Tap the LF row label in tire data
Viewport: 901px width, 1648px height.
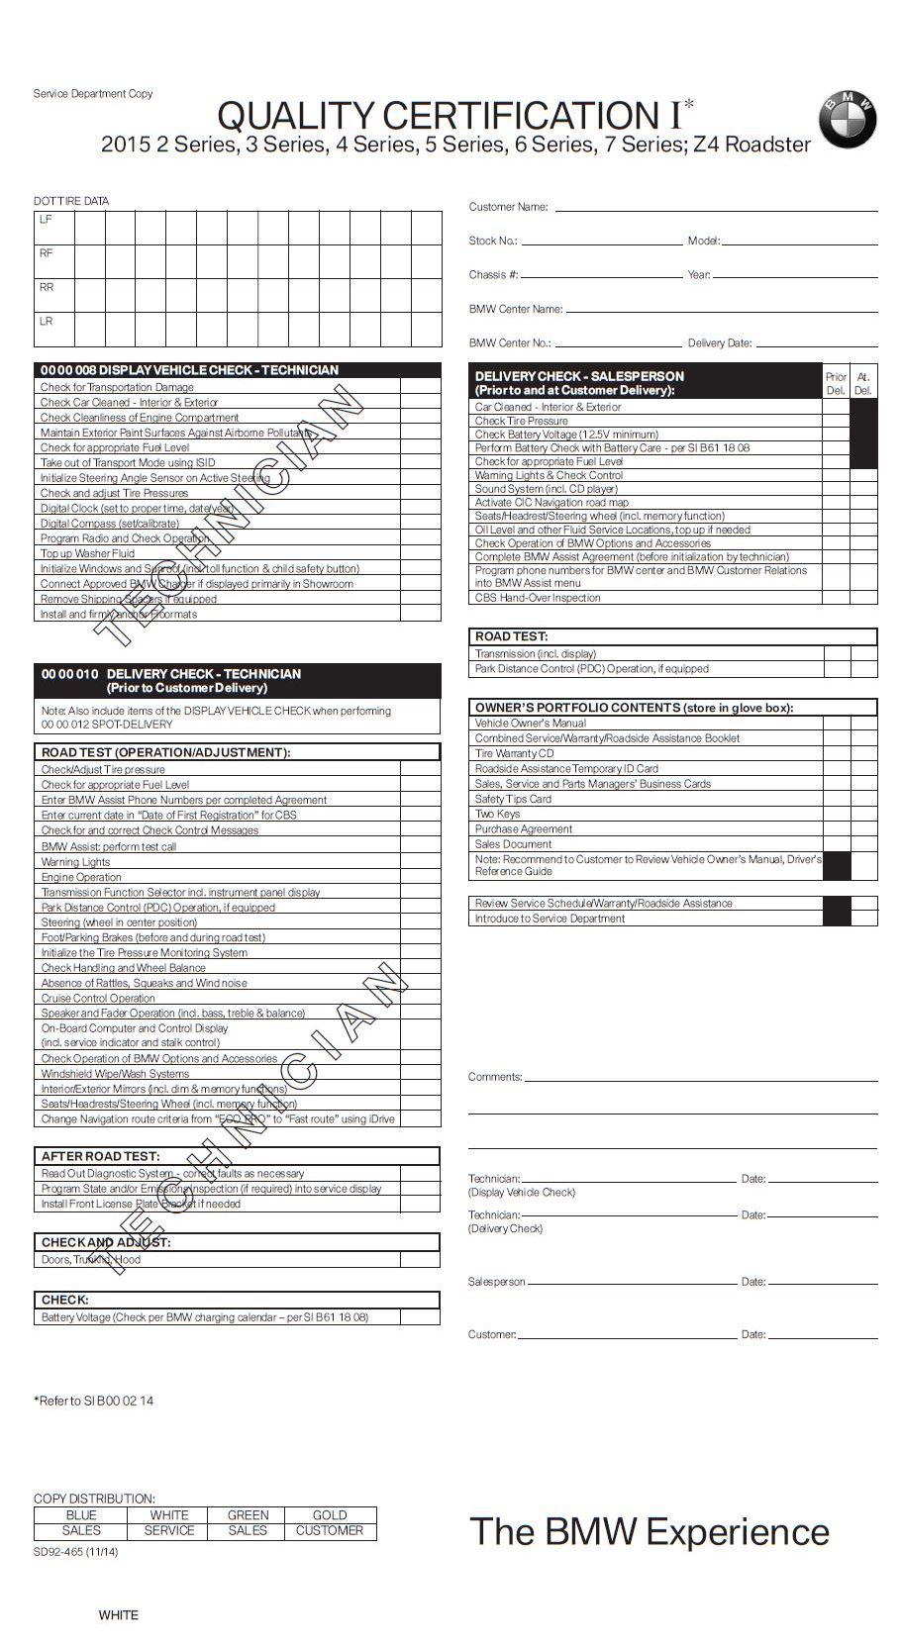click(x=46, y=220)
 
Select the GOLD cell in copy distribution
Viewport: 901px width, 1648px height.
click(x=330, y=1514)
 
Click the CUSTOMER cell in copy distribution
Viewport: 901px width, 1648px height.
click(x=330, y=1530)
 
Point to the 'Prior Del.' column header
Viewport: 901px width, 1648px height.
click(x=836, y=383)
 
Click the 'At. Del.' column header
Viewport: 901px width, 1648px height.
click(x=863, y=383)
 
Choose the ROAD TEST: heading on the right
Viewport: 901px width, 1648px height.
click(x=511, y=636)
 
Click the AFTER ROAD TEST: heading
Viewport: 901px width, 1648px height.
click(x=100, y=1156)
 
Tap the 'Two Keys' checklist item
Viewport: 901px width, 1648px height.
click(x=497, y=814)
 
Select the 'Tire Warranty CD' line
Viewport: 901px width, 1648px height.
click(x=514, y=753)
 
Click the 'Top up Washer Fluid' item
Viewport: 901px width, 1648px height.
click(x=87, y=553)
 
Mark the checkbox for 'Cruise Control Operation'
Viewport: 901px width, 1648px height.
click(x=420, y=998)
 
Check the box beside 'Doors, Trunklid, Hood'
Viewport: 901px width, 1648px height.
click(x=420, y=1260)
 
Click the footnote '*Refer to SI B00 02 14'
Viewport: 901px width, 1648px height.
click(x=94, y=1401)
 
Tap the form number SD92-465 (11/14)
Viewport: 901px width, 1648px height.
click(x=75, y=1551)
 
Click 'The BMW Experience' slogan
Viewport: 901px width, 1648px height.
click(x=649, y=1531)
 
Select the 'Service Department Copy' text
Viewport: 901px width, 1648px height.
click(x=93, y=94)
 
